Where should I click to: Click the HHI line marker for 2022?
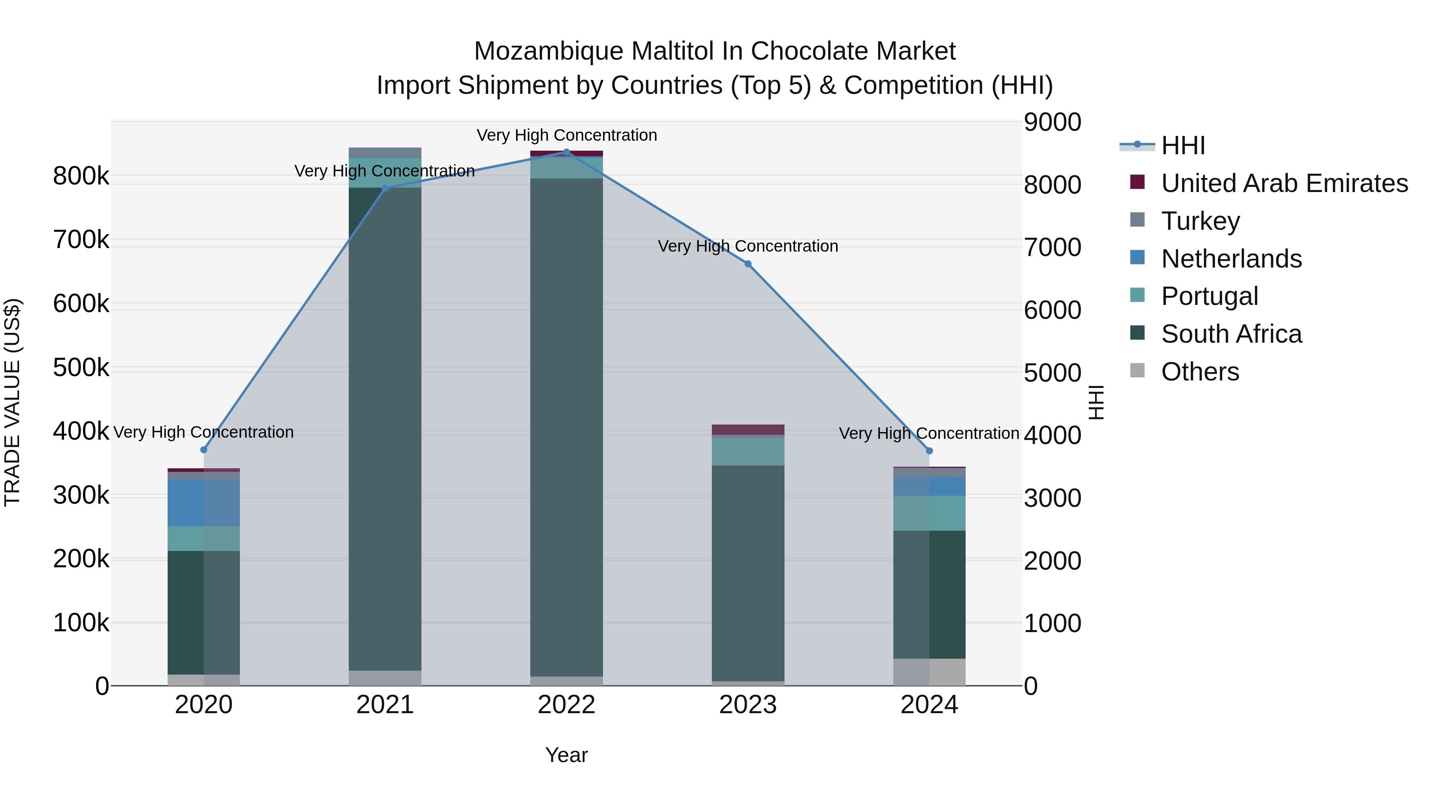click(566, 152)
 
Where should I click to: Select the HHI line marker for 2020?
click(204, 450)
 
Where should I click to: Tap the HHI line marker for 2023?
click(748, 264)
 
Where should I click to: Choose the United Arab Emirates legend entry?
click(1284, 183)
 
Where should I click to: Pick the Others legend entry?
click(1200, 372)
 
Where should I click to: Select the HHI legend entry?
click(1183, 145)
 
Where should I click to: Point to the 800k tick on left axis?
click(81, 177)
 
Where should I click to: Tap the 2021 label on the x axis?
click(385, 705)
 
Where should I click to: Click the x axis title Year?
click(566, 755)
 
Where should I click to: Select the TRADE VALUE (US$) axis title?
click(12, 402)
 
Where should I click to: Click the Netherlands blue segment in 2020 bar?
click(204, 503)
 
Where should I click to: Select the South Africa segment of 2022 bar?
click(566, 428)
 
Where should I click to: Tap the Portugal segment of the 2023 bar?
click(748, 452)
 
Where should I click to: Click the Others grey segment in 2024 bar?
click(929, 672)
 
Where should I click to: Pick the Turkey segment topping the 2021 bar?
click(385, 153)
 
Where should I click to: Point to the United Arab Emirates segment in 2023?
click(748, 429)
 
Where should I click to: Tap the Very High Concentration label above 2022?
click(566, 135)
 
